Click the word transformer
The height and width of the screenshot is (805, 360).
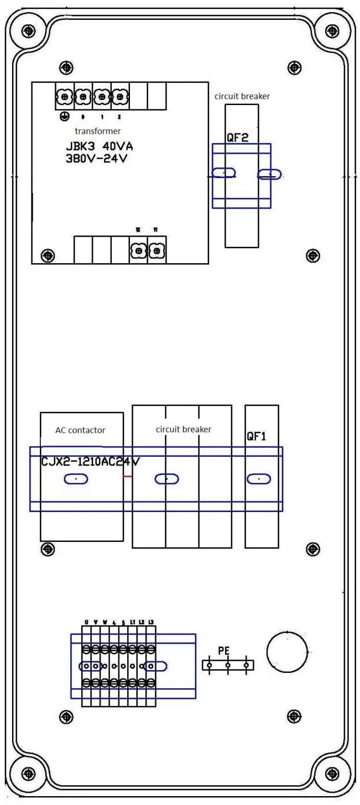point(97,131)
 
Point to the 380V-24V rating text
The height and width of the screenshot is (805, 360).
point(100,159)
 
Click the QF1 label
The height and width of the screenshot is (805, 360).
point(257,436)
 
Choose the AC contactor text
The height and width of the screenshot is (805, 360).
point(80,430)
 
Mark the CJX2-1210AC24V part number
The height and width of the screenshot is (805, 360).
point(90,462)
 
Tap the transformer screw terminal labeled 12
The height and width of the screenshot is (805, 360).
point(138,251)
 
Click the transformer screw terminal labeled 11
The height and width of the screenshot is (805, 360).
point(156,251)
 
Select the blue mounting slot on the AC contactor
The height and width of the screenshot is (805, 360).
point(76,479)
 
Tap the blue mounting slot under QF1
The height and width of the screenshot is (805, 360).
point(259,479)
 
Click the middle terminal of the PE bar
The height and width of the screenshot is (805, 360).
point(228,666)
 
